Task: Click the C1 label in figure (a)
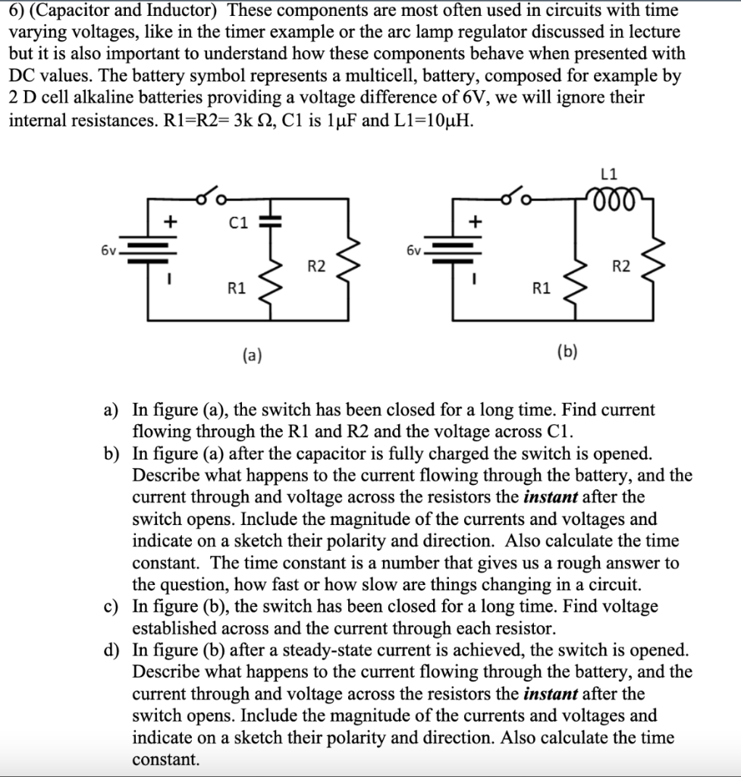point(239,222)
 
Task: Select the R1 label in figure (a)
point(237,288)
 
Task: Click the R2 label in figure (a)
point(316,266)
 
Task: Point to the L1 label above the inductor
point(607,175)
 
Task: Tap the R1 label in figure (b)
point(542,288)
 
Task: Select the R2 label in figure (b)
point(620,266)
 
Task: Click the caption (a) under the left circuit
point(252,353)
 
